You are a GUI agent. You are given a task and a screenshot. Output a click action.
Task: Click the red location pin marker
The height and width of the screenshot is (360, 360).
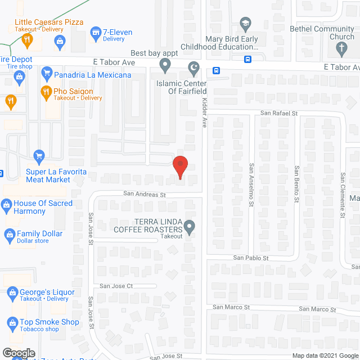click(x=179, y=167)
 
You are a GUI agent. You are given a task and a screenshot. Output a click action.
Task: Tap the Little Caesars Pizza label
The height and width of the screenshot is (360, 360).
click(x=49, y=22)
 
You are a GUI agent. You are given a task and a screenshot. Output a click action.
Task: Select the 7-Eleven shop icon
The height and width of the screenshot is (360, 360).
click(x=96, y=33)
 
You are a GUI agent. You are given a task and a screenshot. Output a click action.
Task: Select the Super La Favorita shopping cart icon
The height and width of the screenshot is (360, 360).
click(x=39, y=156)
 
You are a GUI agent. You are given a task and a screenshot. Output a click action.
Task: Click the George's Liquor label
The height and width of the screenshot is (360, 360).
click(x=48, y=292)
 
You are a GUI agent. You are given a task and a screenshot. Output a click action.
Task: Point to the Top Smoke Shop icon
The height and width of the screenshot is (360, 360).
click(x=12, y=322)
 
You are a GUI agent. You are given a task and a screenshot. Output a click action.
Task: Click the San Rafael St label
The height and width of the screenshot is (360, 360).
click(x=278, y=112)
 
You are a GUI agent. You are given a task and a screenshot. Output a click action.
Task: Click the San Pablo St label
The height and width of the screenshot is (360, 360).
click(x=251, y=258)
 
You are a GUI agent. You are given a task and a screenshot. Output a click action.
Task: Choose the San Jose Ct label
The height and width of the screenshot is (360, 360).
click(x=116, y=286)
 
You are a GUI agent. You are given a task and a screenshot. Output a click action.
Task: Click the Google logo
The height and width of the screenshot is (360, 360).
click(x=18, y=353)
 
